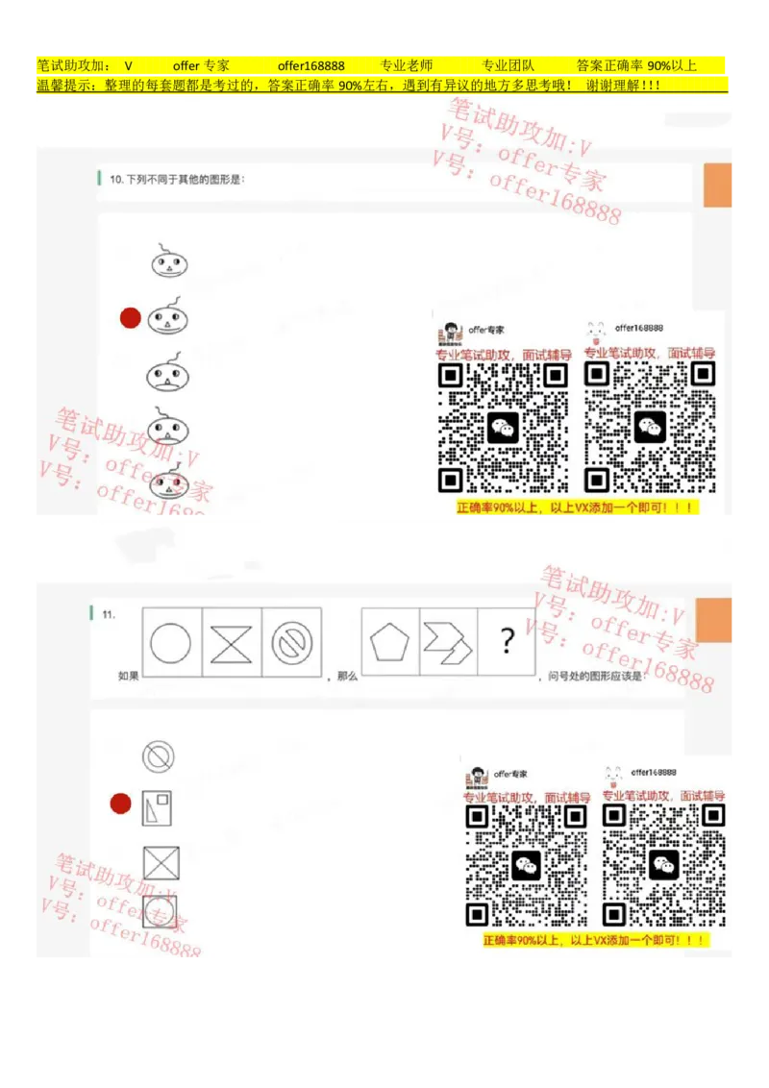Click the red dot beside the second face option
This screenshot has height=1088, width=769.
point(131,318)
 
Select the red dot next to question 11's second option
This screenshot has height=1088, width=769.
point(120,804)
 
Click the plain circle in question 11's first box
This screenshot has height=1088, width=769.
point(171,644)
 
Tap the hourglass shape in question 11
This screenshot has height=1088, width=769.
point(231,644)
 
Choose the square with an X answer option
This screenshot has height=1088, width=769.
point(161,862)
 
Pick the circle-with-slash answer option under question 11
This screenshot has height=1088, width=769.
point(158,756)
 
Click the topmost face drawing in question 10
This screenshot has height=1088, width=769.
point(169,262)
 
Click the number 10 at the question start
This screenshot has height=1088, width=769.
point(115,179)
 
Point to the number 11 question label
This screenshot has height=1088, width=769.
point(109,613)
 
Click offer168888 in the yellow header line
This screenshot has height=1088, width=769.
point(310,66)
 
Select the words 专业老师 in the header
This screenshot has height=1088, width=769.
point(406,66)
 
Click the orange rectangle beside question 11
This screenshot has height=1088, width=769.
point(714,620)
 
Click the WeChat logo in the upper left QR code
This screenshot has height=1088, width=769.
point(503,428)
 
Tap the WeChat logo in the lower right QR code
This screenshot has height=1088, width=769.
point(663,865)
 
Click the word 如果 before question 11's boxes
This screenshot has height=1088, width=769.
point(129,676)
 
